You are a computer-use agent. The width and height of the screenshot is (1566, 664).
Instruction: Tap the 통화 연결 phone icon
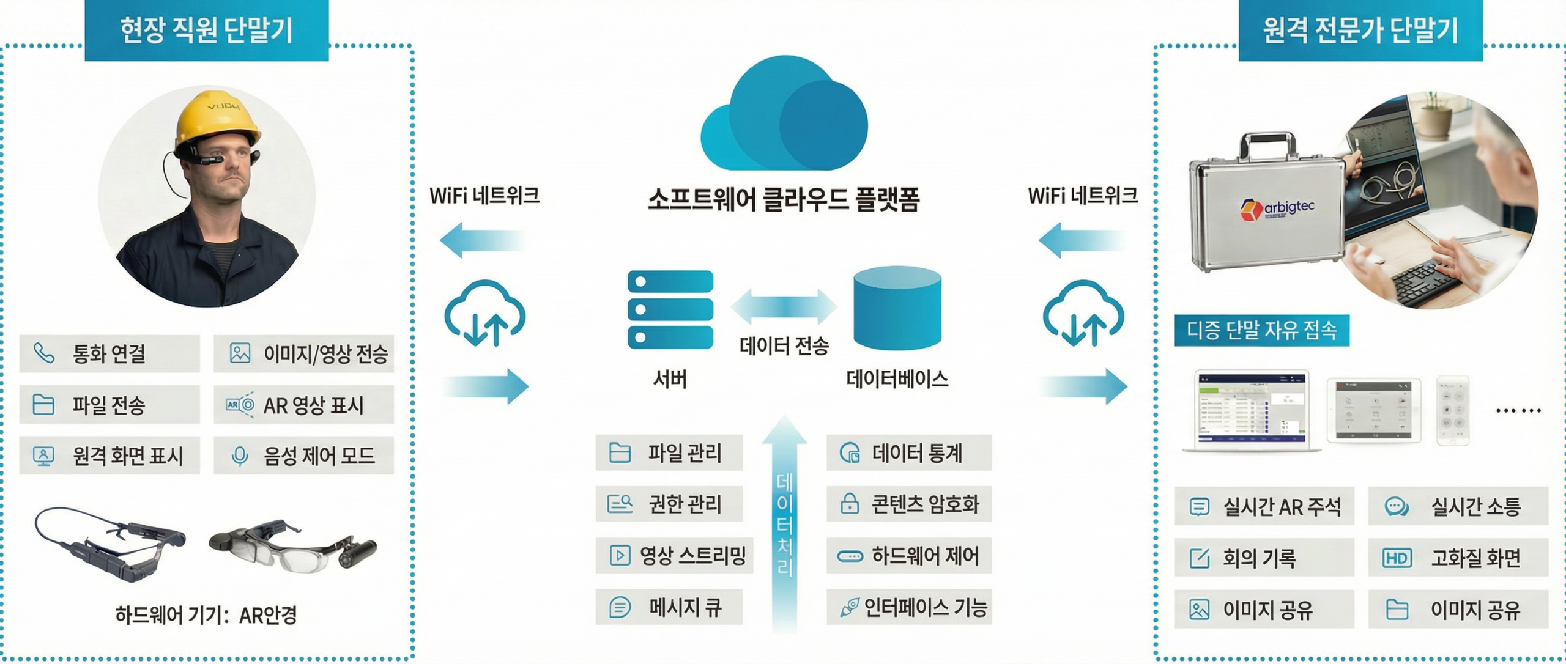point(44,353)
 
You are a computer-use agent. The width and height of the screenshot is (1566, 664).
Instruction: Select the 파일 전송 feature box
point(109,404)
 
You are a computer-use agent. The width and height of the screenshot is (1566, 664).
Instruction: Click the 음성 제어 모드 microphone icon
point(240,456)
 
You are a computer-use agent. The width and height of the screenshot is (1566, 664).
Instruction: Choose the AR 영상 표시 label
point(313,405)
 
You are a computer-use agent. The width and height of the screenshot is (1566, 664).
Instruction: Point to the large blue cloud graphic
point(785,116)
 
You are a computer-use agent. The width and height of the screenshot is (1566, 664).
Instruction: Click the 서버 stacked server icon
point(670,309)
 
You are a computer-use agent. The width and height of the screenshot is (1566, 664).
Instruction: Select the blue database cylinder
point(897,309)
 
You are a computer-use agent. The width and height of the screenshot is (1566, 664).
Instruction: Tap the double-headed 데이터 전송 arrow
point(784,306)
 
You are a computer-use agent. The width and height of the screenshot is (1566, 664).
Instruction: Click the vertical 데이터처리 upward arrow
point(785,520)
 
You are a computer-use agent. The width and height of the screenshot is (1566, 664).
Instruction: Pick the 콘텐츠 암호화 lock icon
point(850,504)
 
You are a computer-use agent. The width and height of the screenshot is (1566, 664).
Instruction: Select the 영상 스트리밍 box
point(674,555)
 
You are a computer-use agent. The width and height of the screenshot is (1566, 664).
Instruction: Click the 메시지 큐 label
point(685,607)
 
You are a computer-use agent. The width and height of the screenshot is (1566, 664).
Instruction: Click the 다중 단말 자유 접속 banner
point(1261,330)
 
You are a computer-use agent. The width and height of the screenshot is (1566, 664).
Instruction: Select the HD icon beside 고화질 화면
point(1397,558)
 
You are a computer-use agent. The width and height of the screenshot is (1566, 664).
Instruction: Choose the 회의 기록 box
point(1264,558)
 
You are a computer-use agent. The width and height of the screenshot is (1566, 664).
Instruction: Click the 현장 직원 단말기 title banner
point(206,31)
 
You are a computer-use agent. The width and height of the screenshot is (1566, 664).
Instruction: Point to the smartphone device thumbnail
point(1453,410)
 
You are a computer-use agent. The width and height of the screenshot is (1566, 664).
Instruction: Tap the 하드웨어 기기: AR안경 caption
point(206,614)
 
